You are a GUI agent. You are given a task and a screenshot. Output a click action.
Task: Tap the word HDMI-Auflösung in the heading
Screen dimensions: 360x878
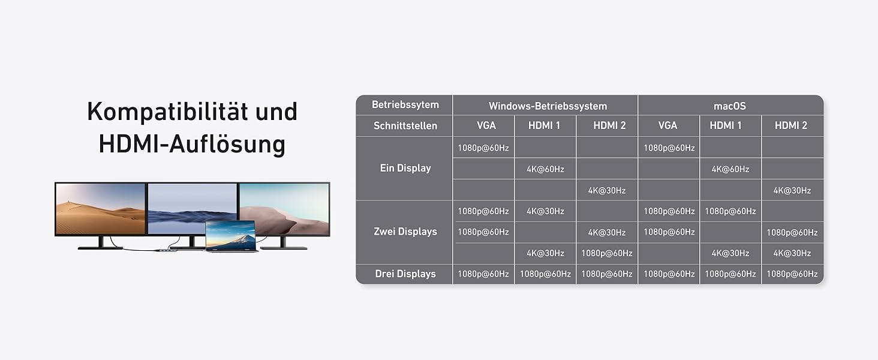191,144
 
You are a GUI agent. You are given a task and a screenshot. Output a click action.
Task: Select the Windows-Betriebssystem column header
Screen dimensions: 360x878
548,106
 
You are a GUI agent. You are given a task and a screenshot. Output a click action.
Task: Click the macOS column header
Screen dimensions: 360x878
730,106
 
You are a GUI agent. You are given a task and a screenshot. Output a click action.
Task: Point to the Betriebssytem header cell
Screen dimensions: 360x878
405,105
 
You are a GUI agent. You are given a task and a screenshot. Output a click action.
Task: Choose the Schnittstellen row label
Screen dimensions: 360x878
405,126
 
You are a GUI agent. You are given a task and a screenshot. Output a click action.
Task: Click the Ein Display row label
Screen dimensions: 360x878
405,169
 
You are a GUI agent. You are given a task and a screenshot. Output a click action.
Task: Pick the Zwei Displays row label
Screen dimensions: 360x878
405,232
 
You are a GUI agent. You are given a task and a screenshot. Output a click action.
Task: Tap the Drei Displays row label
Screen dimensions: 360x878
405,274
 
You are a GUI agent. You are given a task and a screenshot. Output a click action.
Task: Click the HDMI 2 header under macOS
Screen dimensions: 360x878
790,126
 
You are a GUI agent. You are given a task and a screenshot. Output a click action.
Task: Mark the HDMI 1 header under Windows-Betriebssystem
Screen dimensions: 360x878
545,126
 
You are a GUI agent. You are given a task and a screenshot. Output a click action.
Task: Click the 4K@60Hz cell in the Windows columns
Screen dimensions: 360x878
545,169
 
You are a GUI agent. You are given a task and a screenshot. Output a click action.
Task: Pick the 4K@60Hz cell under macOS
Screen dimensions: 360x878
730,169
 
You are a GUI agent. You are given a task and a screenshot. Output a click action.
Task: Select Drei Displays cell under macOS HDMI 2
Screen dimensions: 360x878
792,274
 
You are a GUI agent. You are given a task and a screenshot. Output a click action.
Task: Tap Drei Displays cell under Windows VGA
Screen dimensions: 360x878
483,274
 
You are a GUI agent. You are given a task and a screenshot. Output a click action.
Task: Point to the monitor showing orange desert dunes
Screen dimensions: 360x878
100,209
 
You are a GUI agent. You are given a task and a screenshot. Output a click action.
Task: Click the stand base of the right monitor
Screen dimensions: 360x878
284,247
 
